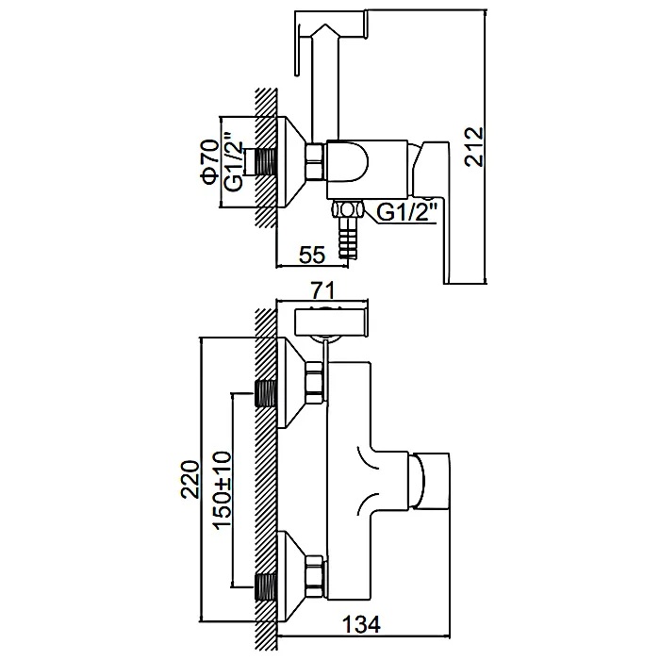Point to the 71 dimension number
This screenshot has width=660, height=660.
point(324,292)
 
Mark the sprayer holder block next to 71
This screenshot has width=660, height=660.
point(329,321)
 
